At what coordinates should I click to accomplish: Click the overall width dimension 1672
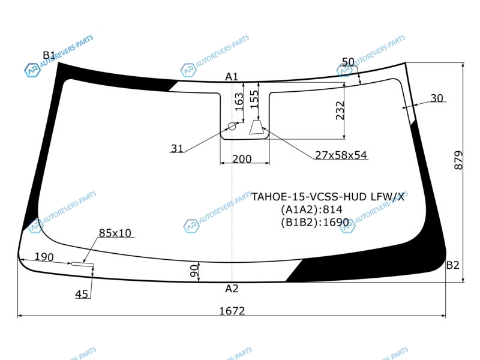point(232,311)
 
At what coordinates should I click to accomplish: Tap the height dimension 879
point(458,160)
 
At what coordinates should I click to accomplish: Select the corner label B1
point(49,55)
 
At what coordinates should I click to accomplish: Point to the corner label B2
point(453,265)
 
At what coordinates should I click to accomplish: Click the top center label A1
point(232,77)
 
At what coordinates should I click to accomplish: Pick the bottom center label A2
point(232,289)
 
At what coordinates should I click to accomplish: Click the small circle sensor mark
point(232,126)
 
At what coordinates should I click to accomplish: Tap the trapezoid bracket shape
point(257,127)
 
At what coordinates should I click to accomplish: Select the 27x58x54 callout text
point(341,155)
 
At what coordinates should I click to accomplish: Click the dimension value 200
point(242,159)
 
